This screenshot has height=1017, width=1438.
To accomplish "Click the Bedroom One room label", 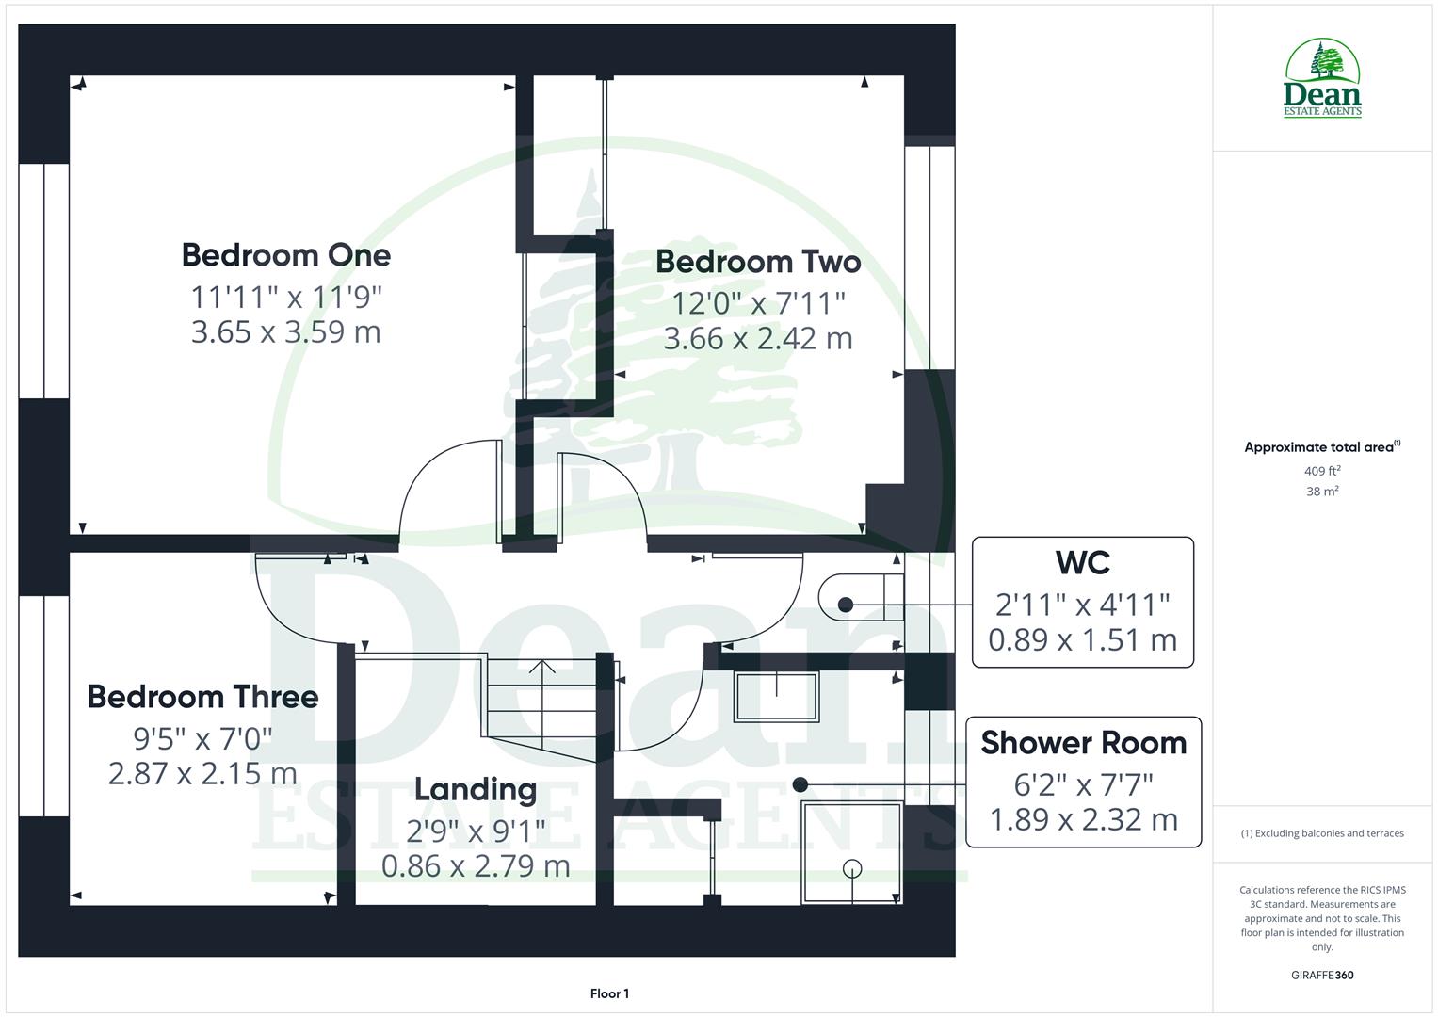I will point(285,255).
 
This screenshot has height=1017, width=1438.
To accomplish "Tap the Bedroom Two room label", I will point(758,262).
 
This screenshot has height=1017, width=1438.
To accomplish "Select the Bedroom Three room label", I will point(202,697).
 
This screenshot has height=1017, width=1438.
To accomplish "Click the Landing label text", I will point(476,789).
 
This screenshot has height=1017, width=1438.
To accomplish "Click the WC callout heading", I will point(1082,563).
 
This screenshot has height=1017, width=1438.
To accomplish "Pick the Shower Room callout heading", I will point(1083,743).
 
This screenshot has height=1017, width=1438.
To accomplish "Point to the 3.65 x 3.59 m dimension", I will point(285,332).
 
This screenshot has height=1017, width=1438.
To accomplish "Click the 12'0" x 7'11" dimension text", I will point(758,303).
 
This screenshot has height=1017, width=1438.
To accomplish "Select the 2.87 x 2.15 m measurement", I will point(202,774).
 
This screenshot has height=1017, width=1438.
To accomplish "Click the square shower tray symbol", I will point(851,852).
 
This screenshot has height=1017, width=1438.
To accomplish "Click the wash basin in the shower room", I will point(777,697).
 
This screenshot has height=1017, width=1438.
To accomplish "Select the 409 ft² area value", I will point(1322,471).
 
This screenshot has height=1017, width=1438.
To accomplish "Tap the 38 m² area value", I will point(1322,492).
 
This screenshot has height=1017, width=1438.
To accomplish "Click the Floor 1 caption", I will point(609,993).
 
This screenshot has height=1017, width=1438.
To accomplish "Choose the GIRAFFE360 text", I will point(1322,976).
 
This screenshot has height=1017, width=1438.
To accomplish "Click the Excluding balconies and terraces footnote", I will point(1322,833).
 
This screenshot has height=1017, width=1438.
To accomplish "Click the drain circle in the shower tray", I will point(852,868).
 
